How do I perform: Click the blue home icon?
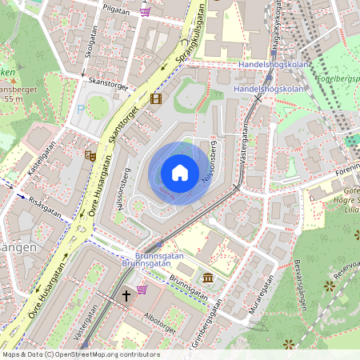coord(180,172)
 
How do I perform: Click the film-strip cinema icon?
coord(155,98)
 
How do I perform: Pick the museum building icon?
coord(208,278)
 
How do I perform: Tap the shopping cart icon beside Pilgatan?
coord(145,11)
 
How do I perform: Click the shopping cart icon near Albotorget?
coord(142,289)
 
